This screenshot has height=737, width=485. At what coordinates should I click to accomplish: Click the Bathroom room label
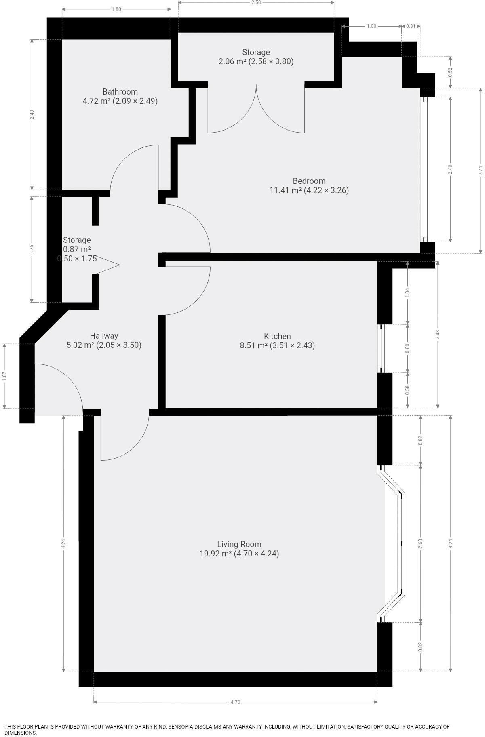point(120,92)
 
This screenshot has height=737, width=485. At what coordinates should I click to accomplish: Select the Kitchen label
point(277,336)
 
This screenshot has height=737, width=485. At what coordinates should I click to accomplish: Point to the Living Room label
point(239,544)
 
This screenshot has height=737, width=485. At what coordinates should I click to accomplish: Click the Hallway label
point(104,336)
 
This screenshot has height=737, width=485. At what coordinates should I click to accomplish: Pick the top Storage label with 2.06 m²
point(256,52)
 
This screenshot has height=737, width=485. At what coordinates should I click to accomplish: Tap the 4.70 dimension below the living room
point(235,702)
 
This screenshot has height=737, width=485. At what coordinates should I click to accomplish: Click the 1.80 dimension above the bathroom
point(116,9)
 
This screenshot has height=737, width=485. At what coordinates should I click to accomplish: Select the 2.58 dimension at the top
point(256,2)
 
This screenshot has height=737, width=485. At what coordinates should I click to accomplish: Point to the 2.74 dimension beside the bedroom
point(481,171)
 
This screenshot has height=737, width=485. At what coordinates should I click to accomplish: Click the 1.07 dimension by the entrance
point(4,376)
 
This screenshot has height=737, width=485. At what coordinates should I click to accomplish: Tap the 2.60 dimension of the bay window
point(420,543)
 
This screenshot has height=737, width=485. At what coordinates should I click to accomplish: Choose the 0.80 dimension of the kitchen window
point(407,348)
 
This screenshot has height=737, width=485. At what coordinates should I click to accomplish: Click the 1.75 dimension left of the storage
point(32,249)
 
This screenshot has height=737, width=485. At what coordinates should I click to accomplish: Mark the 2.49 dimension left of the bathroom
point(32,114)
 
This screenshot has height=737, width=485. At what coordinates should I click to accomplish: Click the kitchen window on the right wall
point(380,348)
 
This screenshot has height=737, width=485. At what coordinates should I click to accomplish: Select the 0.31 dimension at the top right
point(411,26)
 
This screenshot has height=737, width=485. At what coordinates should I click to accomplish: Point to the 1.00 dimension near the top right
point(371,26)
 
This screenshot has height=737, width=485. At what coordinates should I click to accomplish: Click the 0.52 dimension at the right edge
point(451,72)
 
